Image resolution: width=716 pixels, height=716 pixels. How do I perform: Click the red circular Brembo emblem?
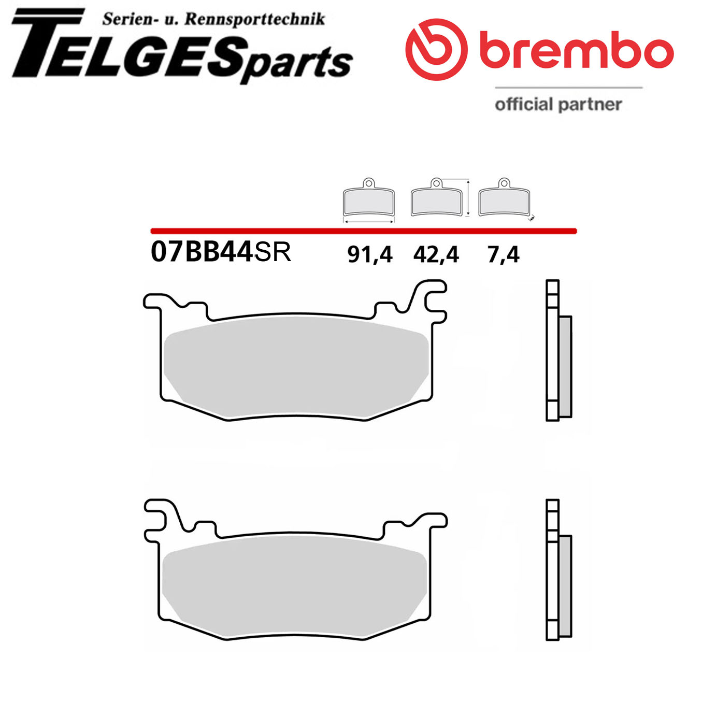click(436, 50)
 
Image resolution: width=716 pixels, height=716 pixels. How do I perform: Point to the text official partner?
click(558, 104)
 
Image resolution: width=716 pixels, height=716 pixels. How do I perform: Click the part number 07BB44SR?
click(221, 252)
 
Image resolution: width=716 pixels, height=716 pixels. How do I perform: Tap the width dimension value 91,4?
click(369, 254)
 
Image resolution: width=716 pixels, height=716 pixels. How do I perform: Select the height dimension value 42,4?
click(436, 254)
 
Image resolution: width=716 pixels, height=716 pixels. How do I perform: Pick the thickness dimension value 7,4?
click(503, 254)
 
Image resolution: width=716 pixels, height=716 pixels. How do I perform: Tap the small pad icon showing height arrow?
click(437, 199)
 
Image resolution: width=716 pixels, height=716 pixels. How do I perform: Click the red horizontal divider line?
click(363, 231)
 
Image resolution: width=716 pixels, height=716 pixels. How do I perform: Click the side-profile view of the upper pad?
click(559, 351)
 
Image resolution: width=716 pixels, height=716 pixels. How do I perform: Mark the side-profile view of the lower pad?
click(559, 570)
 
